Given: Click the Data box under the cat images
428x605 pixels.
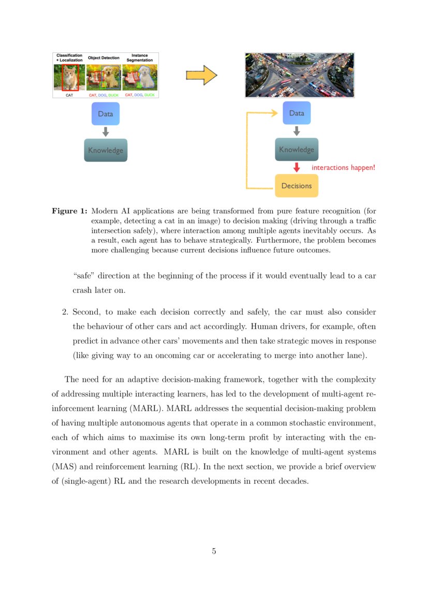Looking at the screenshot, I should pos(106,113).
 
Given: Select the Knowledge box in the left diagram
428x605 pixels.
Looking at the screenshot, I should pos(106,151).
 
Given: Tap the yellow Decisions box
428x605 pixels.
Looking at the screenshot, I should pos(296,186).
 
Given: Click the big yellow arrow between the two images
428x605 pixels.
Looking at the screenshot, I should pos(201,76).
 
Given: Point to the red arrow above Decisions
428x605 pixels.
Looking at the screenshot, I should pos(297,168).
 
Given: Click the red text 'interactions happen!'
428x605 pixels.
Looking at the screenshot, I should pos(343,168).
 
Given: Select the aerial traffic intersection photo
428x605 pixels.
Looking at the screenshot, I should pos(299,75).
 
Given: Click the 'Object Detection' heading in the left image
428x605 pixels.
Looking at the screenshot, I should pos(104,58).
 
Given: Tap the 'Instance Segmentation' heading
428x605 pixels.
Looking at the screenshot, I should pos(139,58).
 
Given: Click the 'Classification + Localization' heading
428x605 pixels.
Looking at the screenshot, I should pos(69,58).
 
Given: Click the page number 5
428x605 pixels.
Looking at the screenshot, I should pos(214,551).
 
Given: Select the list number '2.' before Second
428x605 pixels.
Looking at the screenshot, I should pos(65,312).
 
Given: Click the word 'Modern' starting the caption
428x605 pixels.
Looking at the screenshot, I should pos(105,211).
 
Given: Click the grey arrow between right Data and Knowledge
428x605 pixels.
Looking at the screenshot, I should pos(297,131).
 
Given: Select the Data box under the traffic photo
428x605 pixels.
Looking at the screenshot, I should pos(297,113).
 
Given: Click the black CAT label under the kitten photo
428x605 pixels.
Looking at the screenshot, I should pos(69,95).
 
